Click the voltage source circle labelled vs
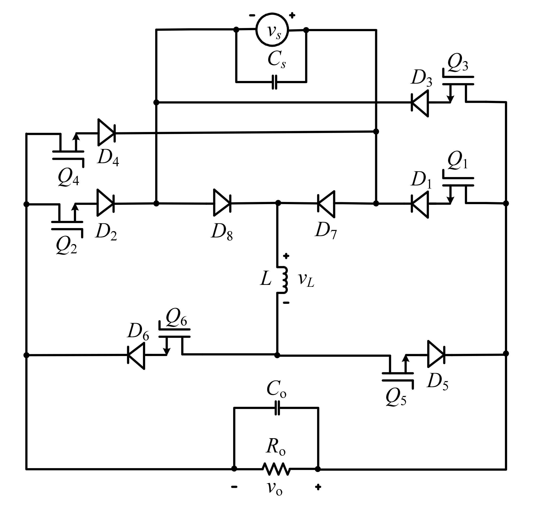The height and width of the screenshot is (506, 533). click(272, 30)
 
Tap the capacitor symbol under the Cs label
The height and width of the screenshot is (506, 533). click(274, 82)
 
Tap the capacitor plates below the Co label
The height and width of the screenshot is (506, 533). click(277, 408)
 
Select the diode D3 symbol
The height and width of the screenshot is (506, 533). click(420, 103)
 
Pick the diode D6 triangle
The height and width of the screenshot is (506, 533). click(136, 356)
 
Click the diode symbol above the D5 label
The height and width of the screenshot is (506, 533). click(436, 354)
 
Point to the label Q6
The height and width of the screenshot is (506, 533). click(176, 317)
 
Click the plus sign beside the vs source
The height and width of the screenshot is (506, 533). click(292, 15)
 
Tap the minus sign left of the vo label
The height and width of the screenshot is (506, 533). click(234, 487)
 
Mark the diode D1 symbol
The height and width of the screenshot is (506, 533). click(420, 204)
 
